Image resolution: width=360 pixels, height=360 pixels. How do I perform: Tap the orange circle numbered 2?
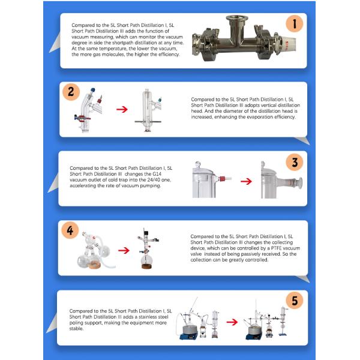pos(71,92)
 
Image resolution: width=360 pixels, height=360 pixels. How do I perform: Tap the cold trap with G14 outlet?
pos(207,180)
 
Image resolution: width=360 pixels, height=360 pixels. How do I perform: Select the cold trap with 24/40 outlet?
pos(276,181)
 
